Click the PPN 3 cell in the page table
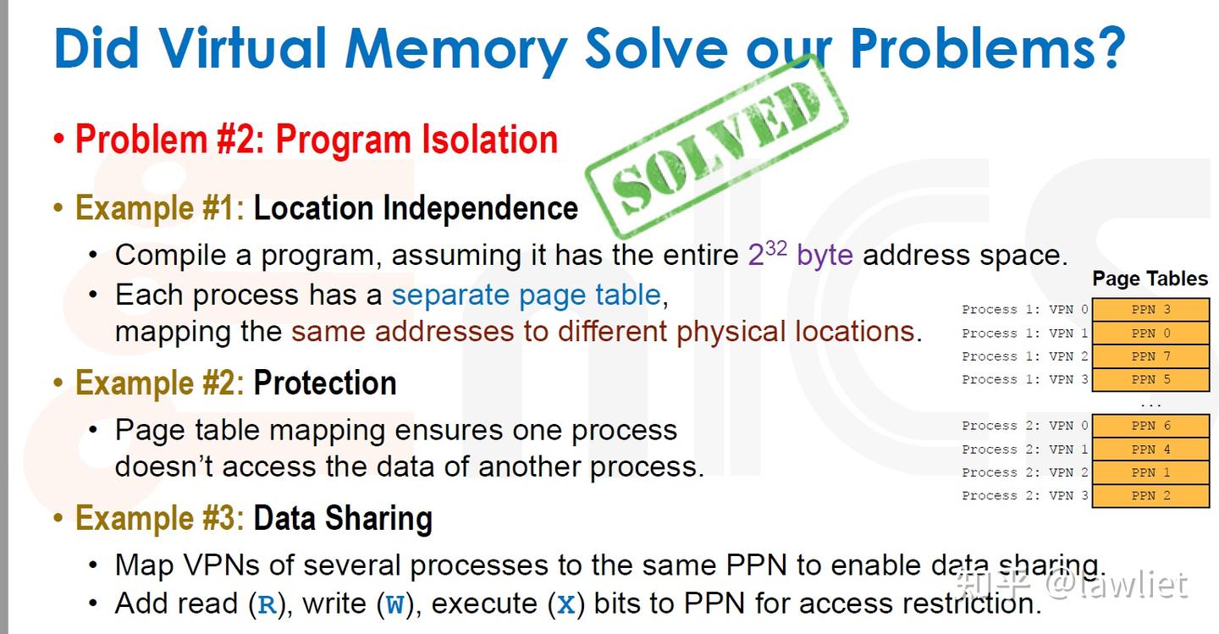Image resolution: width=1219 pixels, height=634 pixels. (x=1150, y=310)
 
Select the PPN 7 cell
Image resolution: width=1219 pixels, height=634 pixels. (x=1150, y=356)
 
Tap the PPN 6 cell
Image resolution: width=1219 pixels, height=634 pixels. (x=1150, y=426)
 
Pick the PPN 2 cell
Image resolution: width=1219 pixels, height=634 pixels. (x=1150, y=496)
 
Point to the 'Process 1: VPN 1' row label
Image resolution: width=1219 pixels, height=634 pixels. (x=1024, y=334)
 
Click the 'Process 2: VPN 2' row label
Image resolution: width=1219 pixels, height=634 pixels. (x=1024, y=472)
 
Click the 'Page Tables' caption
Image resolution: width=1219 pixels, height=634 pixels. (x=1150, y=278)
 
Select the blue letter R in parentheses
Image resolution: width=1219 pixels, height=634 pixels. (x=268, y=605)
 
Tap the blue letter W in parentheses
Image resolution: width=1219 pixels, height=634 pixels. (x=394, y=605)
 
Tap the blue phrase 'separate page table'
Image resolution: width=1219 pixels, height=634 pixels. (x=526, y=295)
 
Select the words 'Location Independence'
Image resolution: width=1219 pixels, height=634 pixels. (x=416, y=208)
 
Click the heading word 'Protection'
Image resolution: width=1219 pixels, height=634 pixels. (x=325, y=383)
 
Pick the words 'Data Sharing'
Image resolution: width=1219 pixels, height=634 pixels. (x=343, y=518)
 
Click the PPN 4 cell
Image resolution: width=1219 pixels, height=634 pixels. (x=1150, y=449)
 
